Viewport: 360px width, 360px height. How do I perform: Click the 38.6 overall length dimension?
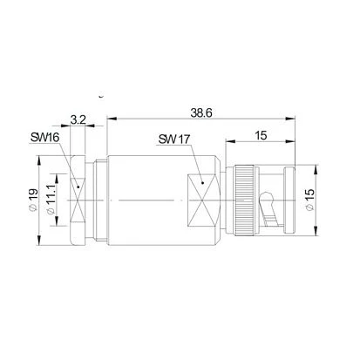click(x=201, y=113)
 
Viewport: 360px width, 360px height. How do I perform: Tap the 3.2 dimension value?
click(x=78, y=119)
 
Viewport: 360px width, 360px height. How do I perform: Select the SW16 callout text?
click(x=44, y=137)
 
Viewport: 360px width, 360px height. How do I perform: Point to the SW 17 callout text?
click(x=173, y=139)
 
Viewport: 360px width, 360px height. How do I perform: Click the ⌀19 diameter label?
click(x=33, y=200)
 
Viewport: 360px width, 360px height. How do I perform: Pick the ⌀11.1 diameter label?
click(x=51, y=200)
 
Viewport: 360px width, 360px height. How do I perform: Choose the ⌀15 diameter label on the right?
click(x=310, y=200)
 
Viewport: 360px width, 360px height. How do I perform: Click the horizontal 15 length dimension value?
click(x=261, y=135)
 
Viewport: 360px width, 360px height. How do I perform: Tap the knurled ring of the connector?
click(x=244, y=200)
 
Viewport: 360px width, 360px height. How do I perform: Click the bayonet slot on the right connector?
click(x=269, y=208)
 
